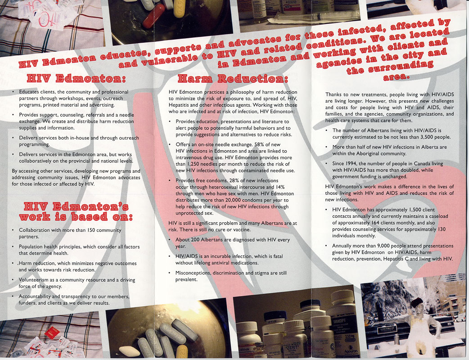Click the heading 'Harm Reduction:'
tap(233, 79)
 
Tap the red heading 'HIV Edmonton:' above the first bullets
tap(76, 78)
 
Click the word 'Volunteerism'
tap(33, 280)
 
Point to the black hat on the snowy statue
tap(416, 302)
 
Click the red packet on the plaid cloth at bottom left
tap(52, 333)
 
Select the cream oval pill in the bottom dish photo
tap(130, 351)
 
